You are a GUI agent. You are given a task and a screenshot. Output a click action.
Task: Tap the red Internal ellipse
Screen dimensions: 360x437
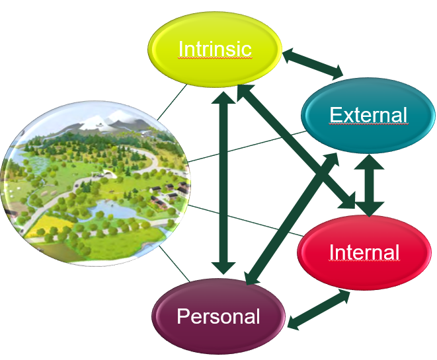[x=364, y=252]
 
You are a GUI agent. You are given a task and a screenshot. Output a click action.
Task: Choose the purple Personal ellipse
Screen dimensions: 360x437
[x=218, y=316]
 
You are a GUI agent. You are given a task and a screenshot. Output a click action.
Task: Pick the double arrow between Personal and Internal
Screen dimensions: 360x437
[x=319, y=309]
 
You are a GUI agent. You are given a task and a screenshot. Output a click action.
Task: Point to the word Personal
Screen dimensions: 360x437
[x=218, y=316]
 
